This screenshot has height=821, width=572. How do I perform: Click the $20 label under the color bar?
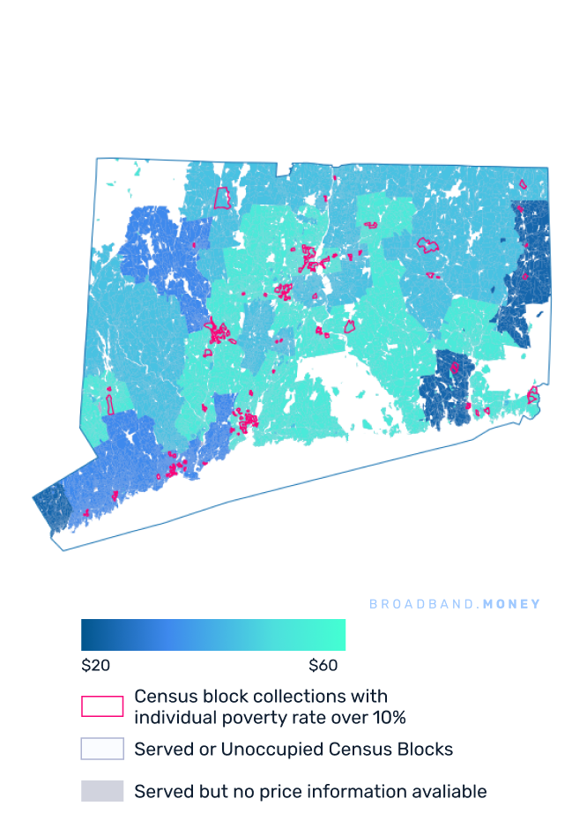click(x=96, y=666)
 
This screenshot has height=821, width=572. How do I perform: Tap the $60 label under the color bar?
click(x=327, y=666)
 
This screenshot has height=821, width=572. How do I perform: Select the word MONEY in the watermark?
click(x=512, y=604)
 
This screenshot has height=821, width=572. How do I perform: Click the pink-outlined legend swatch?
click(x=102, y=706)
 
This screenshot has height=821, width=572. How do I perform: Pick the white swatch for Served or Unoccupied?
click(x=102, y=750)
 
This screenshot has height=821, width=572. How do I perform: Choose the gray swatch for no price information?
click(x=102, y=791)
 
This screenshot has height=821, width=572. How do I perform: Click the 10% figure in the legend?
click(x=387, y=717)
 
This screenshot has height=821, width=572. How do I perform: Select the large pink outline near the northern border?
click(x=222, y=198)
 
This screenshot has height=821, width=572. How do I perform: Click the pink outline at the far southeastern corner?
click(x=532, y=396)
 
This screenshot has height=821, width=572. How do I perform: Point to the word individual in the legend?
click(x=174, y=717)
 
